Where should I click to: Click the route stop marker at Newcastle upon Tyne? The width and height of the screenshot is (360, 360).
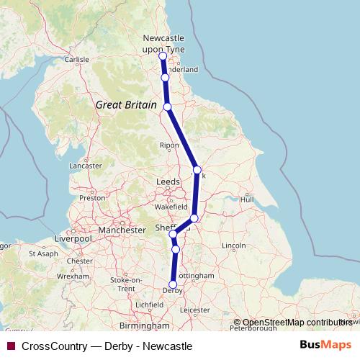pyautogui.click(x=163, y=56)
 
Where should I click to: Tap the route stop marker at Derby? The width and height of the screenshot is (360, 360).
pyautogui.click(x=173, y=284)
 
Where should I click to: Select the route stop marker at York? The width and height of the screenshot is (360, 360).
pyautogui.click(x=197, y=170)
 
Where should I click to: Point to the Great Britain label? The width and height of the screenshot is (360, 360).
pyautogui.click(x=126, y=104)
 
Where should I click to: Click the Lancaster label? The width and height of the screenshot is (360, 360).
pyautogui.click(x=86, y=166)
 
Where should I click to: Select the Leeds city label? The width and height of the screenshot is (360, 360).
pyautogui.click(x=168, y=183)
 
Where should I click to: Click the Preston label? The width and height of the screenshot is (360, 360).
pyautogui.click(x=92, y=197)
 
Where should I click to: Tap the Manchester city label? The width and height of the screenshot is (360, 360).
pyautogui.click(x=122, y=230)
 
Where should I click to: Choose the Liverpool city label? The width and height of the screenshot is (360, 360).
pyautogui.click(x=74, y=238)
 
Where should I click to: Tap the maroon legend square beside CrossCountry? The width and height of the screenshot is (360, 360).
pyautogui.click(x=11, y=346)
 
